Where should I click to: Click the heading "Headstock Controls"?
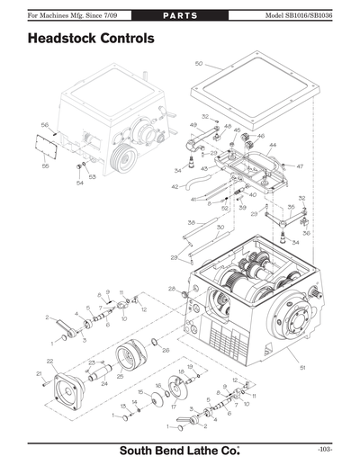click(91, 40)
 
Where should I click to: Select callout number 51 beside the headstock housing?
click(302, 368)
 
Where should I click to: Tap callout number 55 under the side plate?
click(46, 165)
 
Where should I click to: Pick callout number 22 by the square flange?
click(50, 362)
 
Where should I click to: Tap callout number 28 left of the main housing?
click(171, 289)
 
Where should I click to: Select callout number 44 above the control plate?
click(273, 145)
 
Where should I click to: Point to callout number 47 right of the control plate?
click(300, 167)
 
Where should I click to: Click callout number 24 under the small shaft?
click(104, 383)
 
